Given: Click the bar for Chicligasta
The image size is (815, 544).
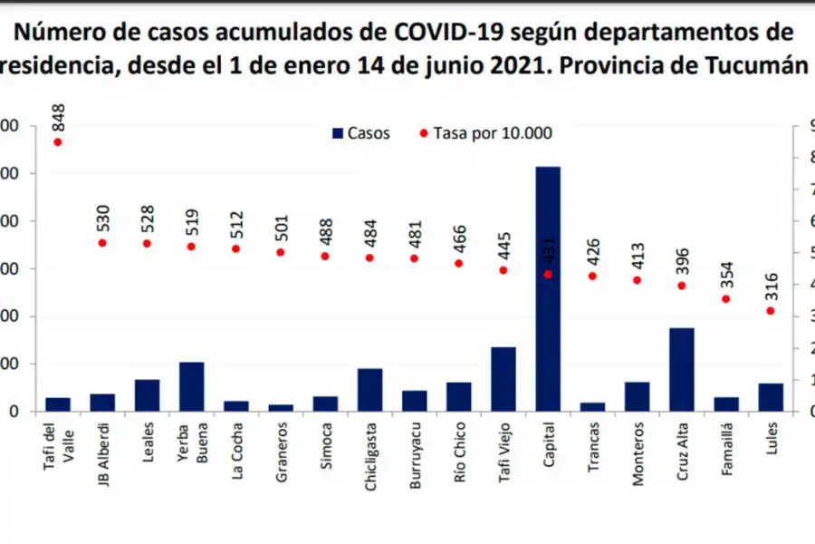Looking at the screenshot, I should coord(369,390).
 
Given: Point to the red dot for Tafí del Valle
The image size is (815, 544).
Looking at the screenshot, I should coord(58,141).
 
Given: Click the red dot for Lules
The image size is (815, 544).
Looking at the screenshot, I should coord(771,311).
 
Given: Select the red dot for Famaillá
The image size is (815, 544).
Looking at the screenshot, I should coord(725,298).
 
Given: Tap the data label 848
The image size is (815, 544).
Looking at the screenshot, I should coord(59,118).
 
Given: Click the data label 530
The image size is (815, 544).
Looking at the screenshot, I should coord(102,220).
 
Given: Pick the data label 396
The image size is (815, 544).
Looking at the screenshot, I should coord(682,263).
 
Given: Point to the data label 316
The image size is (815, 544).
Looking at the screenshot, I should coord(771,288).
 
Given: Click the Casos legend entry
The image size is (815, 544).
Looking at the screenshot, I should coord(361,133).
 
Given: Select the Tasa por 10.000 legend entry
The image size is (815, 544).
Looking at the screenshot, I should coord(485,133).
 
